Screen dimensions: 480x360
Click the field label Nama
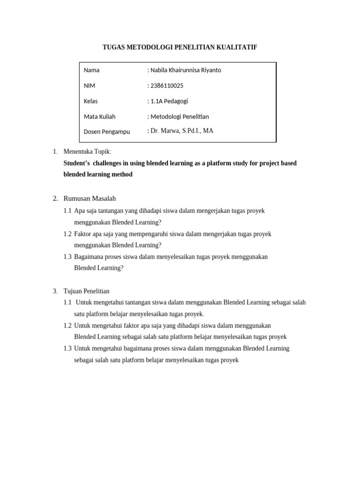91,70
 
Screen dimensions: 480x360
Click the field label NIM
90,86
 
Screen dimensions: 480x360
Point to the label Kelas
90,101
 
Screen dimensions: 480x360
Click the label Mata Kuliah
99,117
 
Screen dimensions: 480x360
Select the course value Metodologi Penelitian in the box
180,117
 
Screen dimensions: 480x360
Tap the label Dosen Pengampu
107,132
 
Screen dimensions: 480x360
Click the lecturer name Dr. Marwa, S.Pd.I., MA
181,131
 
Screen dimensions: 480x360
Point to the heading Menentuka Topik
87,151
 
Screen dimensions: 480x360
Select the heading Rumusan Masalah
90,198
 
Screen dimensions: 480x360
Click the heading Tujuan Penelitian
86,291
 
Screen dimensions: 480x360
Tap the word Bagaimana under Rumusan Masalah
90,257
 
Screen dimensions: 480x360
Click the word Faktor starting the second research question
82,234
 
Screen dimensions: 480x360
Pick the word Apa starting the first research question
79,211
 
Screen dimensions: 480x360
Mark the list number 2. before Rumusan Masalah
55,198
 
